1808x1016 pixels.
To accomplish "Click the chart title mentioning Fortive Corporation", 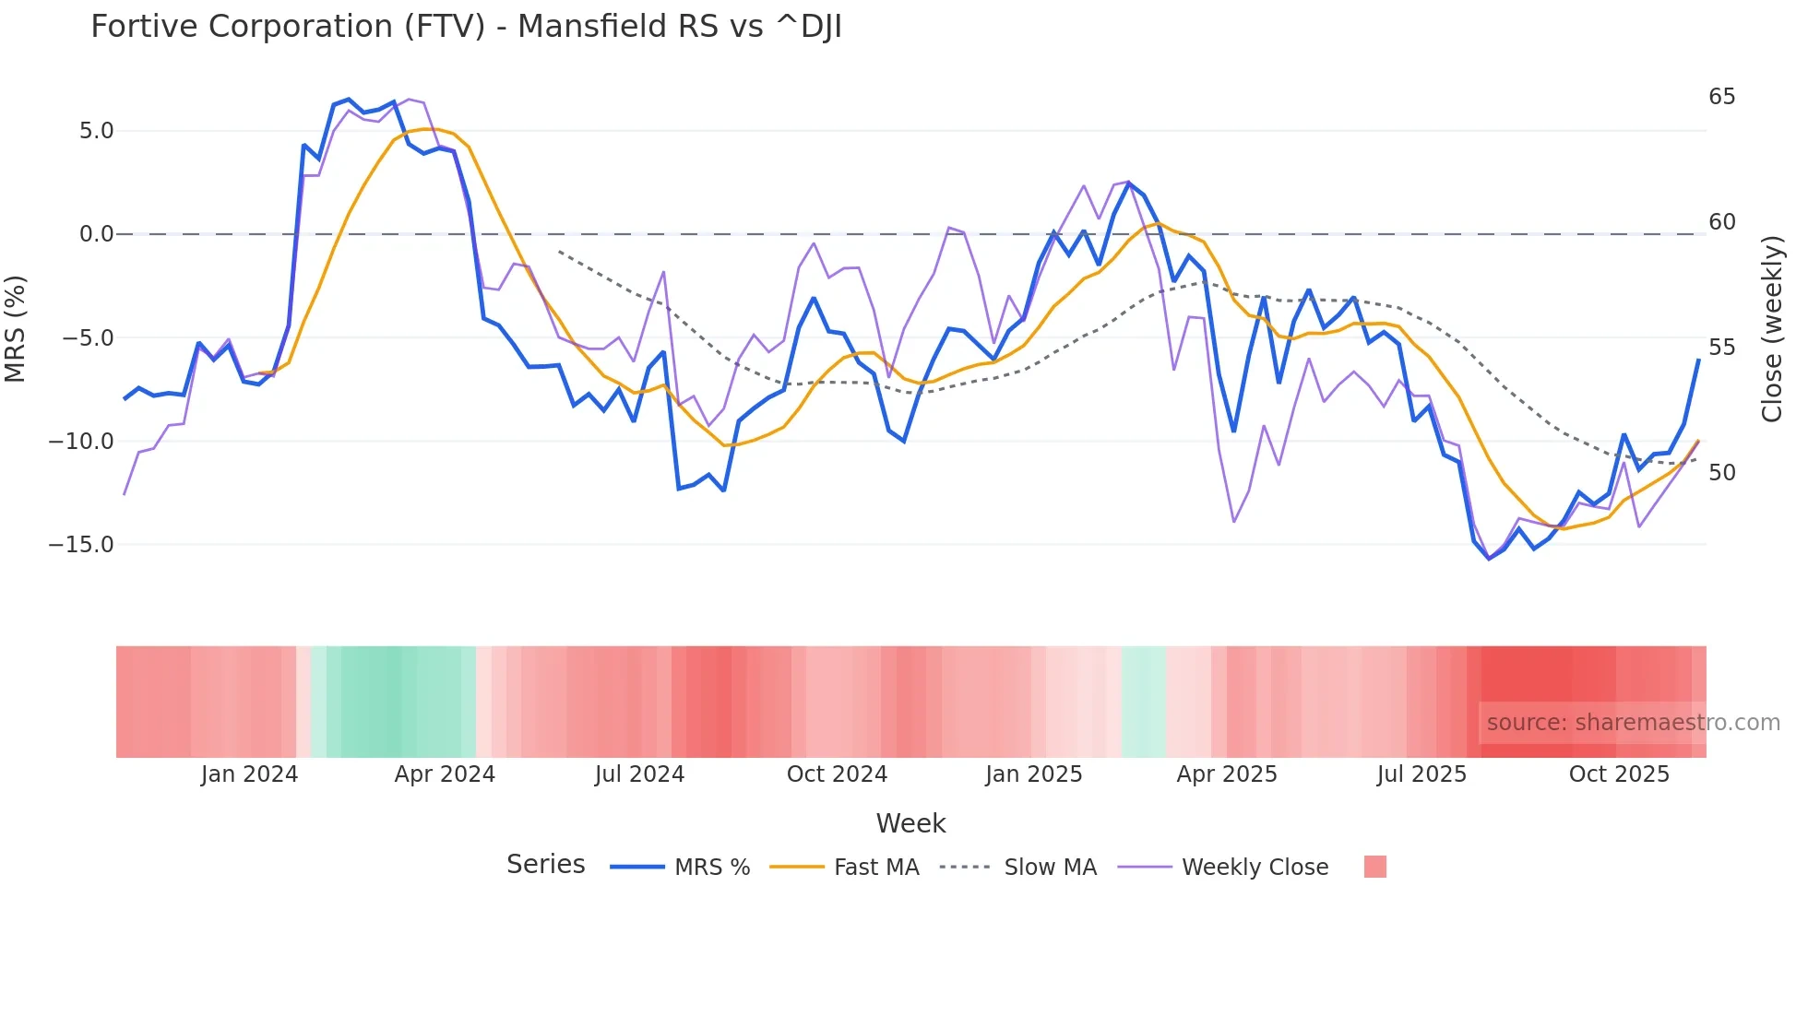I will pos(466,27).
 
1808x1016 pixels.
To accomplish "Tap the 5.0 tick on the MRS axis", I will pos(96,131).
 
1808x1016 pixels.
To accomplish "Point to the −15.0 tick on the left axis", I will pos(81,545).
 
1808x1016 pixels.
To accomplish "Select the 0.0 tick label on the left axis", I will pos(96,234).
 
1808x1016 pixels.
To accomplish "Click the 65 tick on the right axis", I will pos(1721,97).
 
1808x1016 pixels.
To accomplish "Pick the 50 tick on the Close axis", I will pos(1721,473).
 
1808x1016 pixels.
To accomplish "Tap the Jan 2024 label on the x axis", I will pos(249,774).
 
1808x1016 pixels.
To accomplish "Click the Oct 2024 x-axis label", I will pos(837,774).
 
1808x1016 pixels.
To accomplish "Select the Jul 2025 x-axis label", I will pos(1421,774).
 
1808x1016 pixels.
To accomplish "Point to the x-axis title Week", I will pos(910,823).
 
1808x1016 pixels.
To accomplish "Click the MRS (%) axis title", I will pos(16,328).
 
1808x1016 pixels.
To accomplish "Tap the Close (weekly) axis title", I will pos(1772,328).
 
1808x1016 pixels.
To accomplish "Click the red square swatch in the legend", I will pos(1374,867).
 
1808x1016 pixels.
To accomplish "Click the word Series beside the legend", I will pos(545,865).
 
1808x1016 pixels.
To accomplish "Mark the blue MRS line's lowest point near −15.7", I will pos(1489,559).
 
